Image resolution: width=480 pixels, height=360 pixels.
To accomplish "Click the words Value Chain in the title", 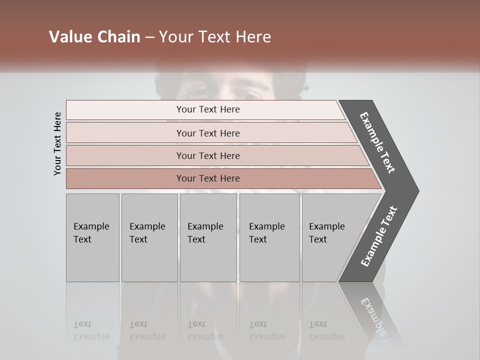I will (94, 37).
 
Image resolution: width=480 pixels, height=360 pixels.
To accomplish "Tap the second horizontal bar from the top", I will (208, 133).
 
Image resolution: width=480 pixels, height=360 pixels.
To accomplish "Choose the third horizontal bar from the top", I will (208, 155).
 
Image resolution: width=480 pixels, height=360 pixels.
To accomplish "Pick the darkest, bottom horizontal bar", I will (208, 178).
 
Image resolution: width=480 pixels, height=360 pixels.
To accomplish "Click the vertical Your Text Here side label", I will (57, 143).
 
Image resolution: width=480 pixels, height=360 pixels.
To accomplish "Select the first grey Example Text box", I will (92, 237).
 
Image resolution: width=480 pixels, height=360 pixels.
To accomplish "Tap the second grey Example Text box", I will (149, 237).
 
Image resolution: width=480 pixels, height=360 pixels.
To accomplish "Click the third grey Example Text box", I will (208, 237).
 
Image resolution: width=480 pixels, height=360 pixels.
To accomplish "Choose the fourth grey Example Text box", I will (269, 237).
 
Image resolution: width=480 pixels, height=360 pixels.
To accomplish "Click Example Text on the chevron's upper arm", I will (377, 142).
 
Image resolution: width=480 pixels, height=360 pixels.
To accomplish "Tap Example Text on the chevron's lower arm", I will (378, 236).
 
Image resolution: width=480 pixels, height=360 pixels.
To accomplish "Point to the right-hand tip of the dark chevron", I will (417, 191).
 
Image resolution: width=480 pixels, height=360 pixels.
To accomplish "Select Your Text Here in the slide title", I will (215, 37).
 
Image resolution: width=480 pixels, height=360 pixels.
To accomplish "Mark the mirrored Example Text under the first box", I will (91, 330).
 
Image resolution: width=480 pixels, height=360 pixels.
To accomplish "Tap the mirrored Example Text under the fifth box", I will (326, 330).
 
